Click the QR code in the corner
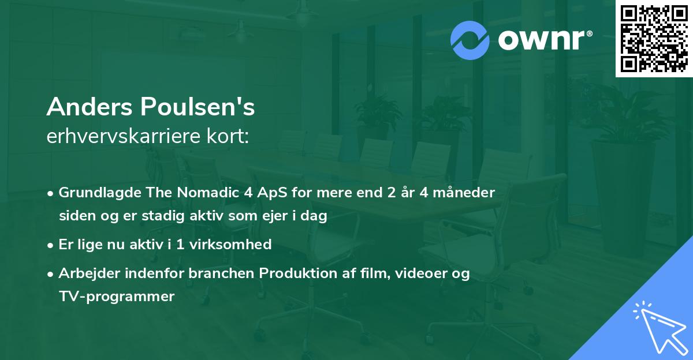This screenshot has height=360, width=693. [654, 39]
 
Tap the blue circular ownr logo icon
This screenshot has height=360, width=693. [470, 40]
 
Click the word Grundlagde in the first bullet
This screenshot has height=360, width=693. [93, 192]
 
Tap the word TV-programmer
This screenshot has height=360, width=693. [116, 297]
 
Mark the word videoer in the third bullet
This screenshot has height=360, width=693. [422, 273]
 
